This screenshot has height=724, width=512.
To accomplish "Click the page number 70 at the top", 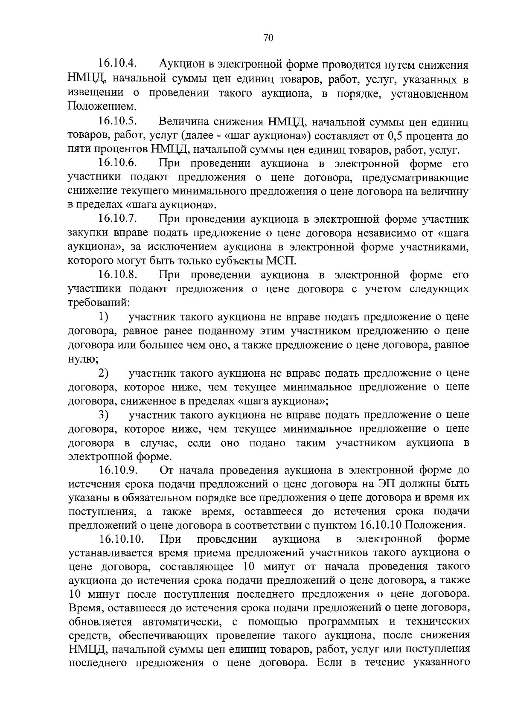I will click(268, 38).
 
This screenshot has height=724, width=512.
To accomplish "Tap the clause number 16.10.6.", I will click(117, 163).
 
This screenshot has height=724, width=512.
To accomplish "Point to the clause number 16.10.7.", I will click(117, 219).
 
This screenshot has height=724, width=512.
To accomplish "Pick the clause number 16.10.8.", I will click(117, 275).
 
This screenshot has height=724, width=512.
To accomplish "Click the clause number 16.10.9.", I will click(117, 470).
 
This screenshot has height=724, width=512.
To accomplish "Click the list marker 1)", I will click(103, 317).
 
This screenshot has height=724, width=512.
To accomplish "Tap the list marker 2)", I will click(103, 373).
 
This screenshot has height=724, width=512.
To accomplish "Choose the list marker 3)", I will click(103, 414).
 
